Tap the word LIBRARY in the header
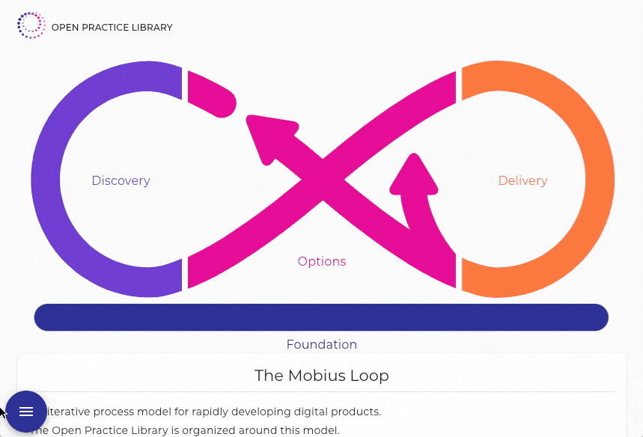[x=152, y=28]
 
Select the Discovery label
[x=121, y=180]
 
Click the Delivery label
[x=522, y=180]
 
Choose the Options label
[x=322, y=261]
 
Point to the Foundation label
[x=321, y=344]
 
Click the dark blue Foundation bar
[x=321, y=317]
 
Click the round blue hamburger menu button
[x=26, y=412]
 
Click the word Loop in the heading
[x=369, y=376]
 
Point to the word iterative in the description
[x=70, y=412]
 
